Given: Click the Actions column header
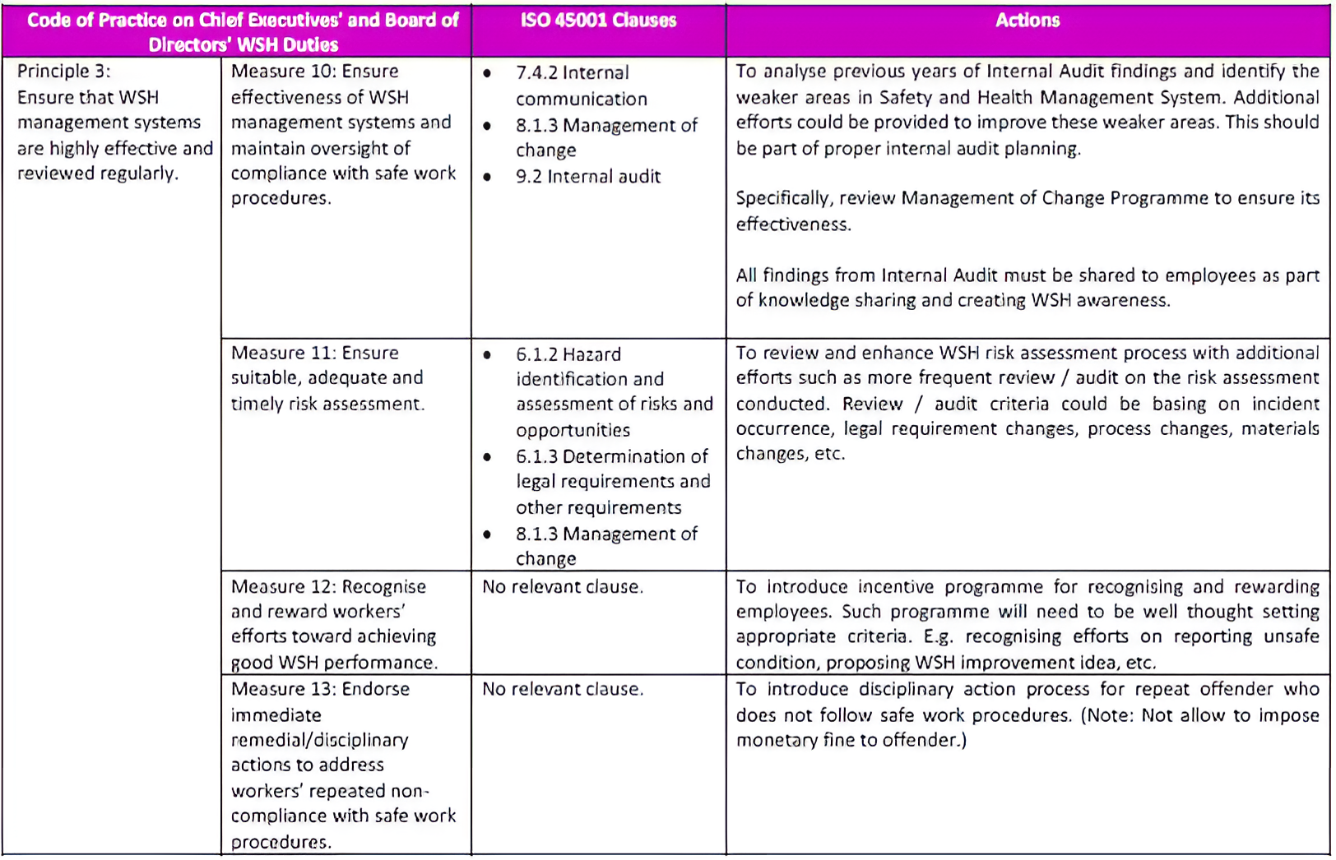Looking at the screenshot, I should pos(1027,21).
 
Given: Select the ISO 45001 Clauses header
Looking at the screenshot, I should pos(598,21).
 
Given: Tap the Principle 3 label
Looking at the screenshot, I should pos(63,72).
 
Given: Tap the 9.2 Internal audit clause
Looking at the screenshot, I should pos(587,177).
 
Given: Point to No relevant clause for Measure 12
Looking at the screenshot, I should pos(563,587).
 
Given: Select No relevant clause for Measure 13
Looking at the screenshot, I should pos(563,689).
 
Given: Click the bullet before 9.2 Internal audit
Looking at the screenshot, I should pos(488,177).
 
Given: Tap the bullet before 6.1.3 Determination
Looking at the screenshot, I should pos(488,456).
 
